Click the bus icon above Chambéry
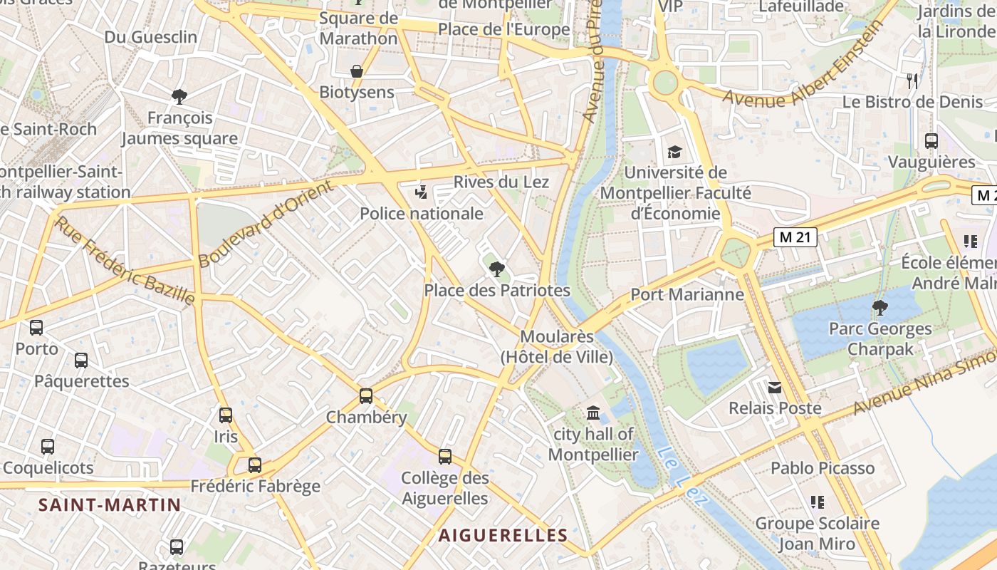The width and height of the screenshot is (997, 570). click(366, 396)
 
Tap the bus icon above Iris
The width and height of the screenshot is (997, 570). click(226, 415)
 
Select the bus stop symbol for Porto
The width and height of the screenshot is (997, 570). click(36, 328)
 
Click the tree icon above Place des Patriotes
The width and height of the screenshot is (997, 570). click(497, 269)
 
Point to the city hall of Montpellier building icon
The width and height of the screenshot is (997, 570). click(593, 413)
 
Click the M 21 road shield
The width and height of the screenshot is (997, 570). click(795, 237)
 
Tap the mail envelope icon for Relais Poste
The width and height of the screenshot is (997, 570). click(775, 388)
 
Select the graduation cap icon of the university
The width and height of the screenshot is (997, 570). click(674, 152)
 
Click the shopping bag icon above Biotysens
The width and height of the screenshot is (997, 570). click(357, 71)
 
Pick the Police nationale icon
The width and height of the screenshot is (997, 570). click(422, 192)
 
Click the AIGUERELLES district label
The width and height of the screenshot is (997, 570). click(503, 535)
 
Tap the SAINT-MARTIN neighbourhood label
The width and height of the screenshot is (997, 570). click(110, 505)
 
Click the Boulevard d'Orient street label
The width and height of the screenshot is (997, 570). click(266, 224)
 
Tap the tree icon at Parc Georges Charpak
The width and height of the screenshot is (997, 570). click(880, 308)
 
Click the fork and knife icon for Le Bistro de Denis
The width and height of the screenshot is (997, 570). click(912, 81)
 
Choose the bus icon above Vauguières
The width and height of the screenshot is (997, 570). click(931, 141)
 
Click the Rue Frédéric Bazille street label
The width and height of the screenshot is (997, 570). click(125, 261)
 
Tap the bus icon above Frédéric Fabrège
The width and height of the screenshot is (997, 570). click(255, 465)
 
